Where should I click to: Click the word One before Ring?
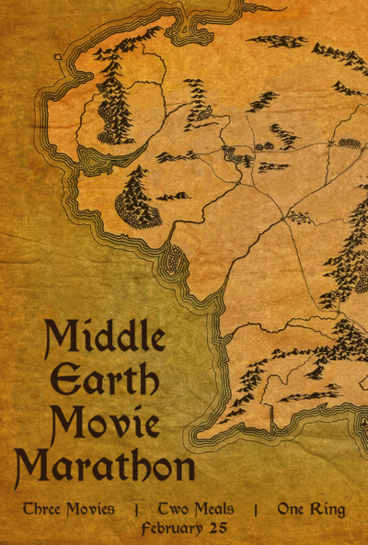tap(292, 508)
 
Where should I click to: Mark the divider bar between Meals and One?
tap(256, 508)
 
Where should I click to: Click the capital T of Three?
tap(29, 508)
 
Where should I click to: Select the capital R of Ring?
tap(316, 508)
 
